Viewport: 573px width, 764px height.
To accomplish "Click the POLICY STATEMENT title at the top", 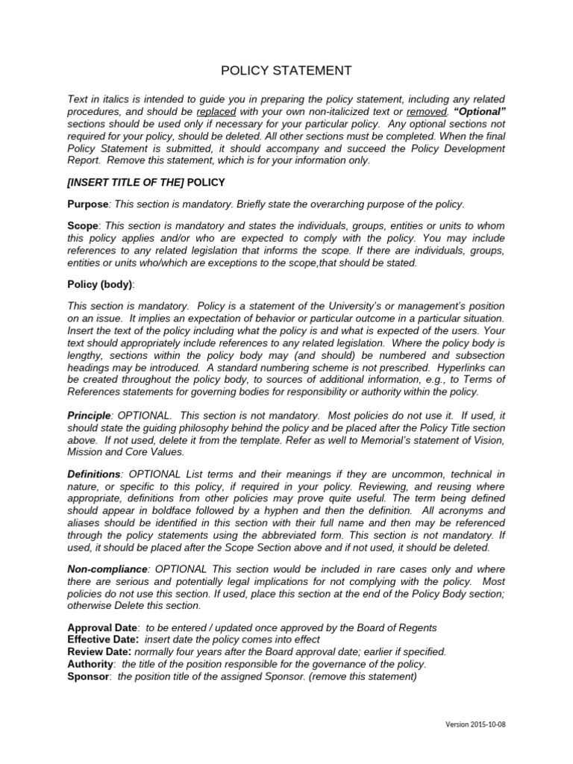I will pos(286,71).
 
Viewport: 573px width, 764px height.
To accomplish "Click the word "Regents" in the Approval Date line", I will pos(419,628).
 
